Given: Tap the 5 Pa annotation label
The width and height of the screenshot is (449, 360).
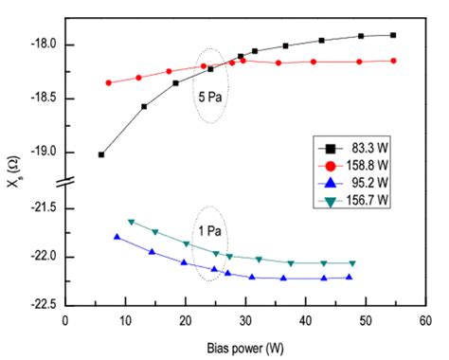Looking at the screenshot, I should click(211, 97).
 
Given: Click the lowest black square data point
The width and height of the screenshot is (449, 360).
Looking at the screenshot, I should click(101, 154).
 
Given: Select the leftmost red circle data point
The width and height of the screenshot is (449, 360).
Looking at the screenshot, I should click(109, 82).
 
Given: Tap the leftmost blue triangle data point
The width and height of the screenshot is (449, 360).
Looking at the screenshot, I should click(117, 237).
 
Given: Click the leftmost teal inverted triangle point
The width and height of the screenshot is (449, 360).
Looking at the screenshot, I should click(132, 222).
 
